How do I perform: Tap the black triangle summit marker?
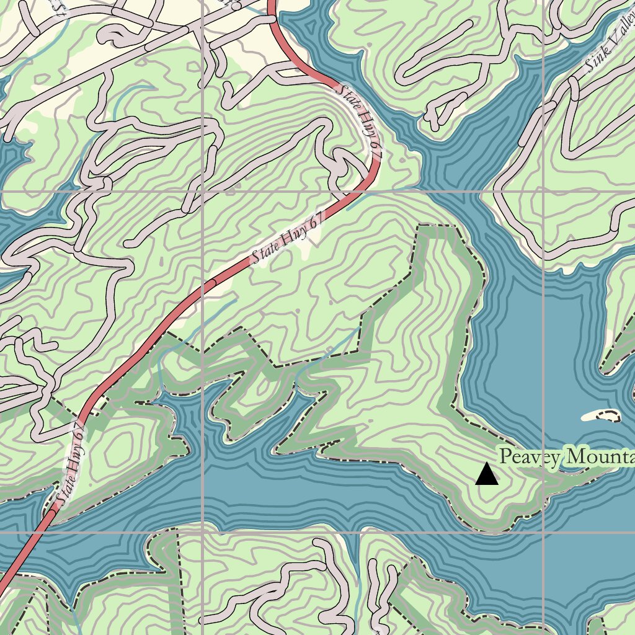pos(487,474)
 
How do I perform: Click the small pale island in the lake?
pos(600,415)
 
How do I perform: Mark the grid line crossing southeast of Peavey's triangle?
pos(543,532)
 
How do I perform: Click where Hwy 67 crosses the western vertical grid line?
pos(203,287)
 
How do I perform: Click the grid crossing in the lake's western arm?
pos(203,532)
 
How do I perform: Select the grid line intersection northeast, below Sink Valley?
pos(543,192)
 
